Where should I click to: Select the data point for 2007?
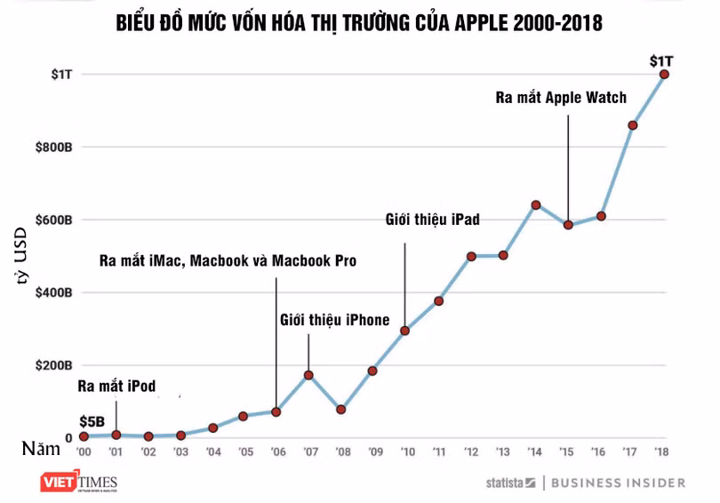pyautogui.click(x=308, y=375)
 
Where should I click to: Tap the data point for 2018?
pyautogui.click(x=664, y=74)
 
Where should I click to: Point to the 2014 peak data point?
pyautogui.click(x=536, y=205)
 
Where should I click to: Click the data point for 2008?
pyautogui.click(x=341, y=410)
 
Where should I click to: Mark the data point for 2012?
pyautogui.click(x=471, y=256)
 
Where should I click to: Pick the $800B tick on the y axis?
pyautogui.click(x=54, y=147)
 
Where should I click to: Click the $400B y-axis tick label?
pyautogui.click(x=54, y=292)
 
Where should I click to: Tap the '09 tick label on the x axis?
pyautogui.click(x=373, y=451)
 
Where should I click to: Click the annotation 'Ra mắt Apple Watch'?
pyautogui.click(x=561, y=98)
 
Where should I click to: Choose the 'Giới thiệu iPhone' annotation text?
pyautogui.click(x=334, y=320)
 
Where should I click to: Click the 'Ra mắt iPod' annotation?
pyautogui.click(x=116, y=387)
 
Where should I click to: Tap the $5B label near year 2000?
pyautogui.click(x=92, y=421)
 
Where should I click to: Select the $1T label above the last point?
pyautogui.click(x=661, y=60)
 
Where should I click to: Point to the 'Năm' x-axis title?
pyautogui.click(x=42, y=449)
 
